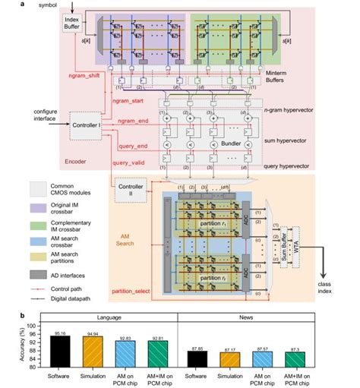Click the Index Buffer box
pos(73,24)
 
